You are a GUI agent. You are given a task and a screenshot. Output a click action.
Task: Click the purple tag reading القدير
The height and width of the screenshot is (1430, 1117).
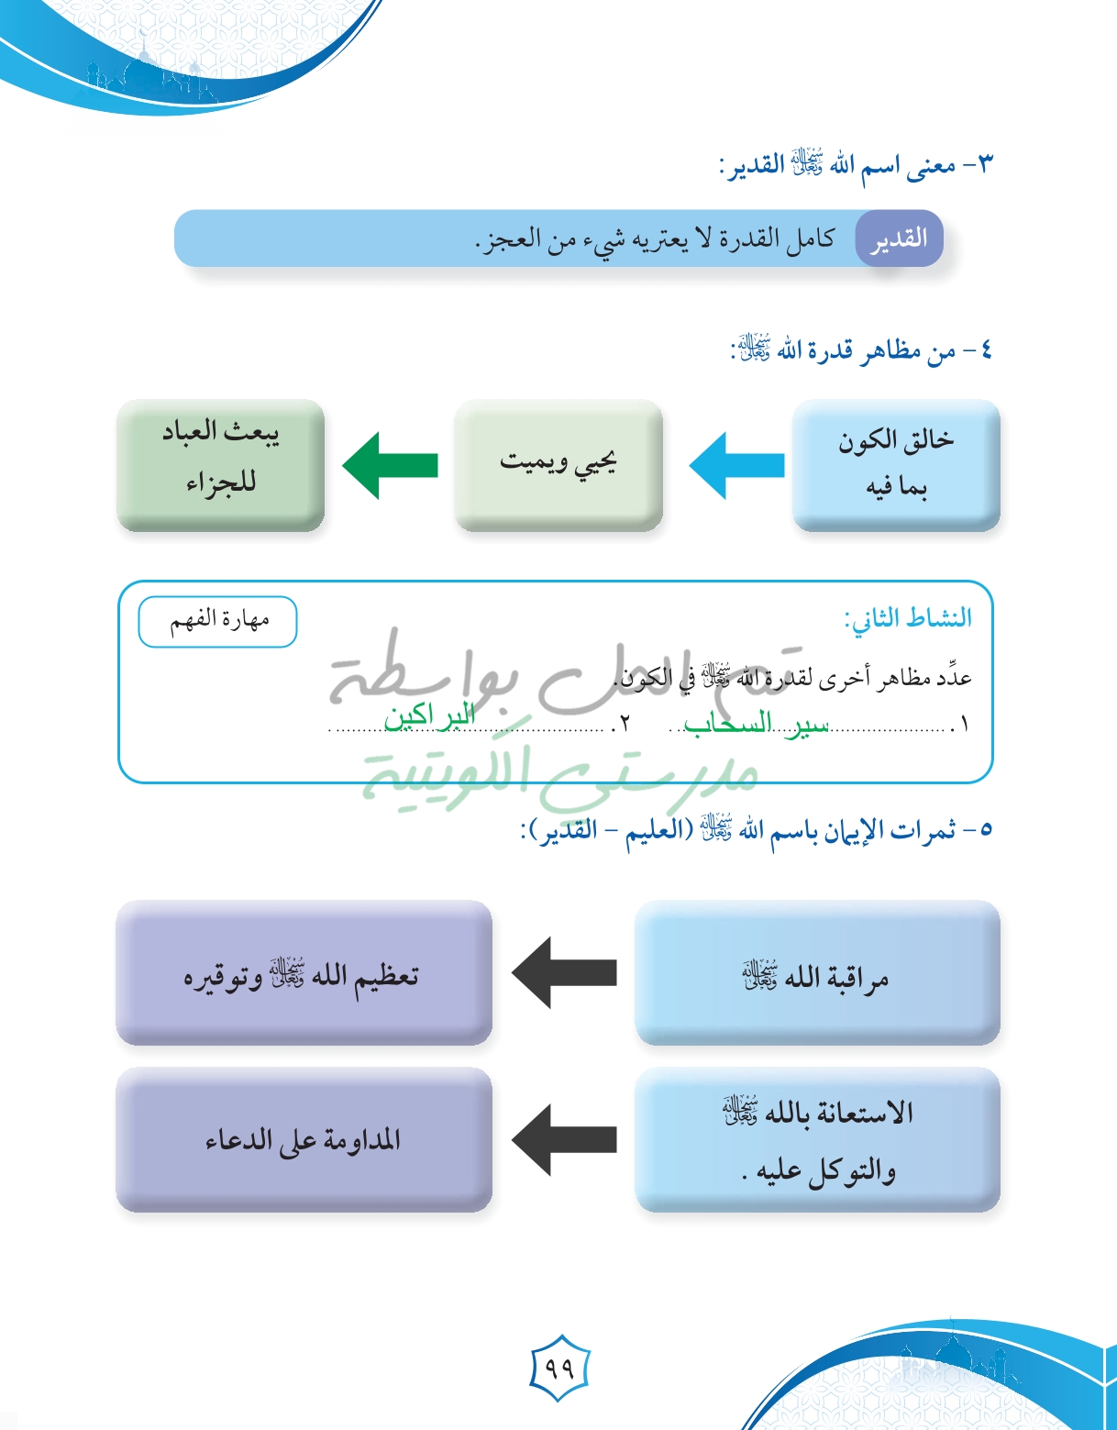(898, 239)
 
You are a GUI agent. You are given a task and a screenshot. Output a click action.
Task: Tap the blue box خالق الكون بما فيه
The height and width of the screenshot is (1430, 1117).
(896, 464)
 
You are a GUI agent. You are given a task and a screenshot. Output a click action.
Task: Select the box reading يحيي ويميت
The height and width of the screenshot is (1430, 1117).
(558, 464)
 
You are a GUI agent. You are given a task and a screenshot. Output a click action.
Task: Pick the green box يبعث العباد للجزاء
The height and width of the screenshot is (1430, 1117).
(220, 464)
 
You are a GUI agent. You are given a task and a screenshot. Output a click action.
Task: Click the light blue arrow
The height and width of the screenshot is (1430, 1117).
(736, 466)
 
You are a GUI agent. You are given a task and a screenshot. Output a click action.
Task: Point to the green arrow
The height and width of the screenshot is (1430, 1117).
(390, 466)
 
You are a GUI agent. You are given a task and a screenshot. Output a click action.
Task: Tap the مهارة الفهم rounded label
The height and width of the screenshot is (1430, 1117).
(218, 622)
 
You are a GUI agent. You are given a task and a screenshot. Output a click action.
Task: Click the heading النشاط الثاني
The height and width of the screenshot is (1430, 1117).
(908, 618)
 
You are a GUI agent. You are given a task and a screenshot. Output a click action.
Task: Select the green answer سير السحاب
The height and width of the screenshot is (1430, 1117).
(757, 725)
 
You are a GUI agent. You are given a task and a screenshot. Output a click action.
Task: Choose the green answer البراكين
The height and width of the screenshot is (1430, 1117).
(429, 715)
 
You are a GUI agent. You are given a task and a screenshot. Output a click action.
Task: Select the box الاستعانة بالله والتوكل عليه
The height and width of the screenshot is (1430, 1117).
(816, 1139)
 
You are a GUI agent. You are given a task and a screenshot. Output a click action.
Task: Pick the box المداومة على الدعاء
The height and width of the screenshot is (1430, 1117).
(304, 1139)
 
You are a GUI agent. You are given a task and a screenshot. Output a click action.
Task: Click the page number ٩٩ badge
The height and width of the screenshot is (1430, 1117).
(558, 1368)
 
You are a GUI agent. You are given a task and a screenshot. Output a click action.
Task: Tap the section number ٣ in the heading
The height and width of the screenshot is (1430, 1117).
(985, 166)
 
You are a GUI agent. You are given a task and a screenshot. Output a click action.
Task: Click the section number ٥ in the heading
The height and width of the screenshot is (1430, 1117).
(986, 830)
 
